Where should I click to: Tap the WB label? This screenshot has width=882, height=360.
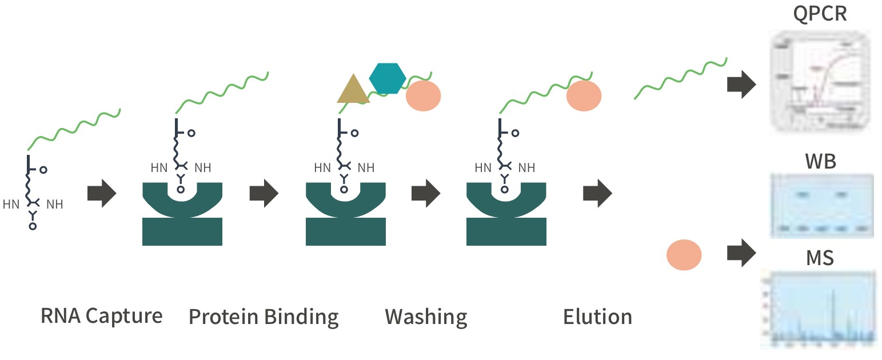click(820, 162)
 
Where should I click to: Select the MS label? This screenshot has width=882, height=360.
click(820, 258)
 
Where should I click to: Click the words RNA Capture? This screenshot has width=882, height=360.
click(102, 315)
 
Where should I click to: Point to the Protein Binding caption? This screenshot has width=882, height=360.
click(264, 317)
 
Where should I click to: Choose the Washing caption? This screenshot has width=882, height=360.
click(426, 317)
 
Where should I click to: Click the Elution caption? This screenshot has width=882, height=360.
click(597, 317)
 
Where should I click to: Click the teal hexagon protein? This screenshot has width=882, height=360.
click(388, 78)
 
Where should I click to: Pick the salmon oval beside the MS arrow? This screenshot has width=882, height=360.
click(684, 254)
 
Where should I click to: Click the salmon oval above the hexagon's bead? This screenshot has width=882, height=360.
click(423, 96)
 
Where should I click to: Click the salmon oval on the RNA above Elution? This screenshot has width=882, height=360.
click(584, 96)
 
